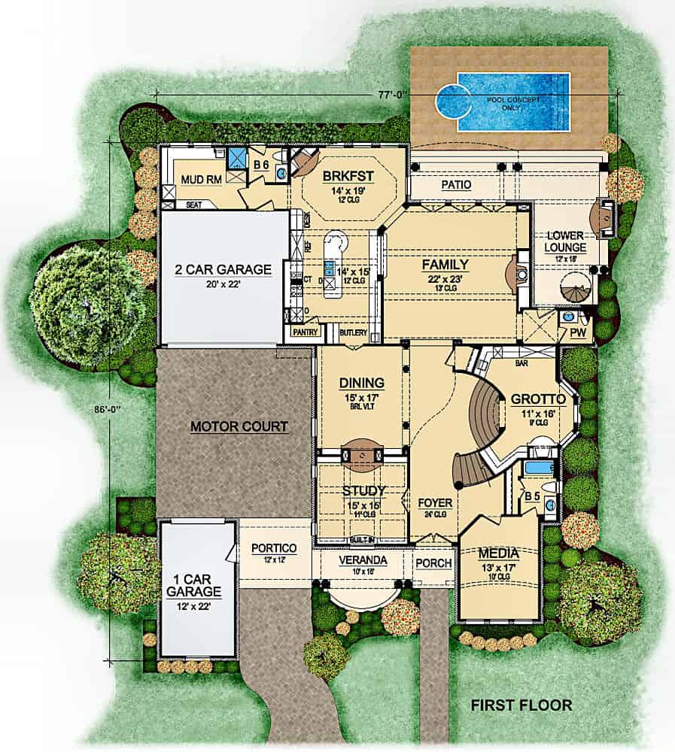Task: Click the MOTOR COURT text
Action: [239, 426]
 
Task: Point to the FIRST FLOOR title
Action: [521, 705]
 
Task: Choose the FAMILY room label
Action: [445, 265]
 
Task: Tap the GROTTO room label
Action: [534, 399]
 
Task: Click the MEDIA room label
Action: [499, 554]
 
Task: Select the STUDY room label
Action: [363, 491]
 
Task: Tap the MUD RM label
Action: [200, 180]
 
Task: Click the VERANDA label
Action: [363, 560]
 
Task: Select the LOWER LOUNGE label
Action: [567, 241]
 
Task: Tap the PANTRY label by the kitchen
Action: [306, 331]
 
